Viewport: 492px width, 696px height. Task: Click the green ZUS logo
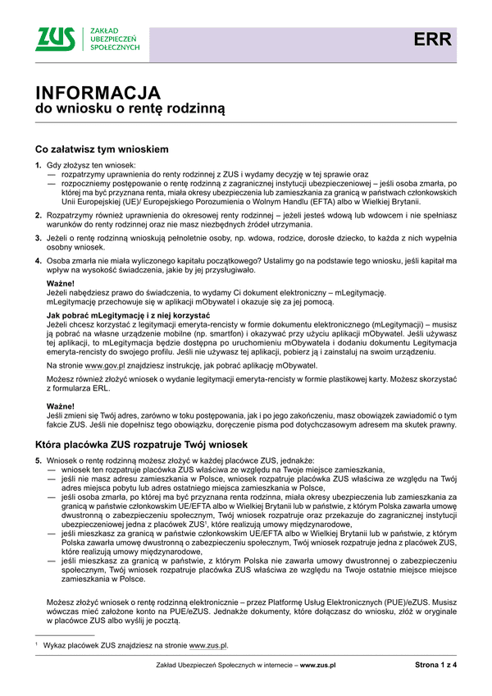[57, 39]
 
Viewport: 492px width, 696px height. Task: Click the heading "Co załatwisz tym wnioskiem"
[102, 150]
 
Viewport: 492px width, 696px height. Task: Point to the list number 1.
[38, 166]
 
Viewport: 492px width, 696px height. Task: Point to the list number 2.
[38, 214]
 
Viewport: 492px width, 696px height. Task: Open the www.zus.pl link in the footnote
[211, 647]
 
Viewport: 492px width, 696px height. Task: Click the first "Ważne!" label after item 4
[60, 283]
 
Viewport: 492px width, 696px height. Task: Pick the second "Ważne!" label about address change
[60, 407]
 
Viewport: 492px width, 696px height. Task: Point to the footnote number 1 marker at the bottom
[37, 646]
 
